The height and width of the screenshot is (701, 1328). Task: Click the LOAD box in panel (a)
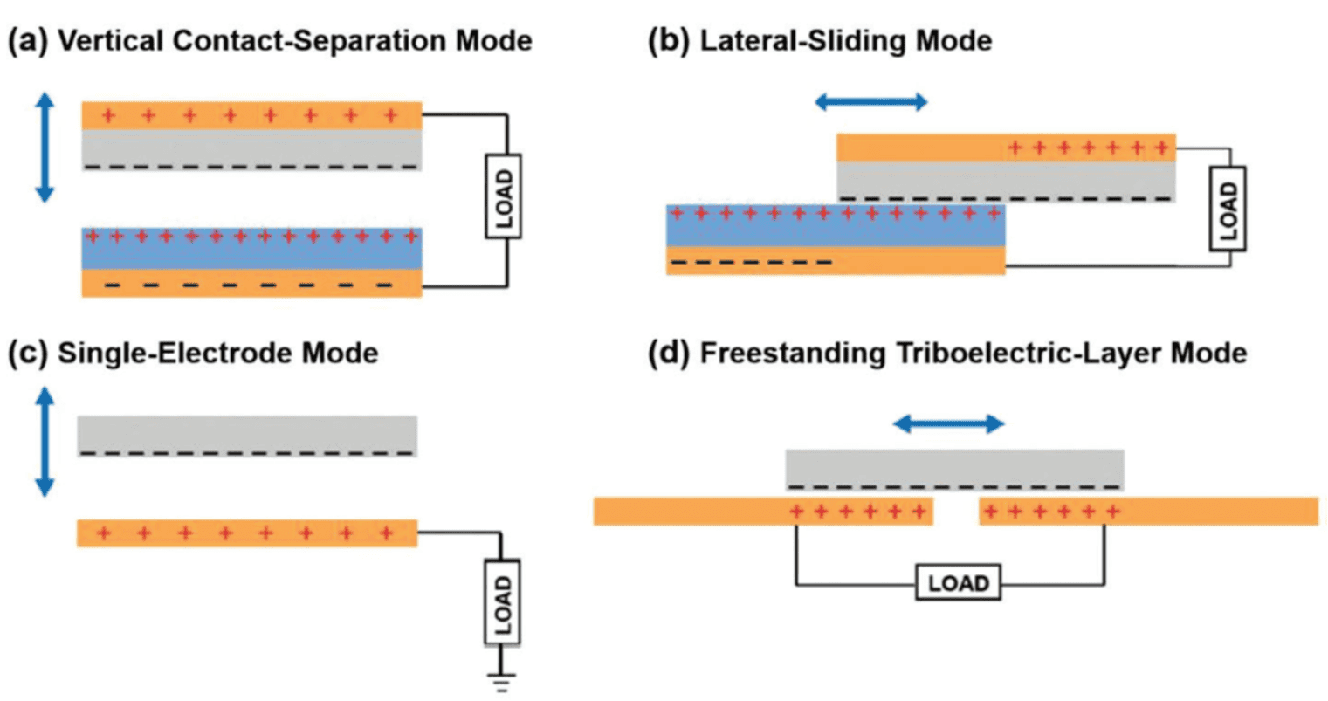coord(503,196)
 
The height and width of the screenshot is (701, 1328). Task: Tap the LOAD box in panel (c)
coord(503,601)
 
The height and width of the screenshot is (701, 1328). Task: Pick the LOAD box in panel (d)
coord(958,583)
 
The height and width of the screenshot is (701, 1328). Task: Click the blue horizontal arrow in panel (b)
coord(870,103)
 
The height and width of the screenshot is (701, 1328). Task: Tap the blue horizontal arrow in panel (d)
coord(948,424)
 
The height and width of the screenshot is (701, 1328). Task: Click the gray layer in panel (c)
coord(247,433)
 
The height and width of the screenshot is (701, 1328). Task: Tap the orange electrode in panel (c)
coord(247,533)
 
